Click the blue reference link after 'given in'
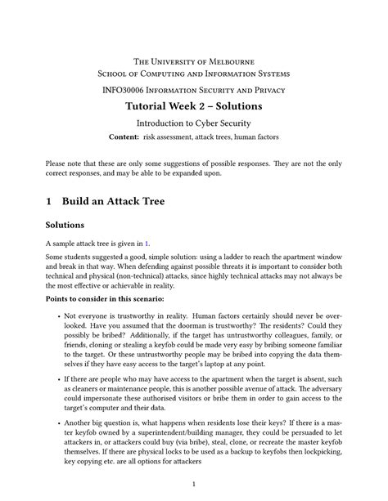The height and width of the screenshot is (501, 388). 147,243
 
